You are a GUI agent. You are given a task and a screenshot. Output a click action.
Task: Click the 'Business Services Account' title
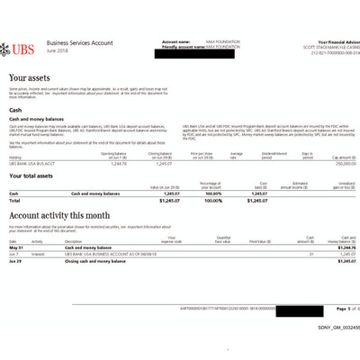click(x=79, y=42)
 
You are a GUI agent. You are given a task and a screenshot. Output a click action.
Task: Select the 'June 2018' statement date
click(x=58, y=49)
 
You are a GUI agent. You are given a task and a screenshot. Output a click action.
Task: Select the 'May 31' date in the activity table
click(x=15, y=247)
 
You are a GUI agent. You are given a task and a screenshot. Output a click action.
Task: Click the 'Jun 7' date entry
click(x=14, y=253)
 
